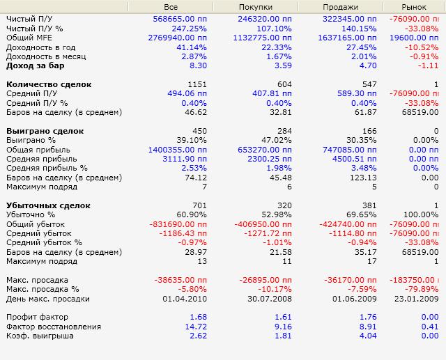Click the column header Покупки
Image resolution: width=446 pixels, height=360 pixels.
click(x=256, y=7)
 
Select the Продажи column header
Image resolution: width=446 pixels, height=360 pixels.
click(x=340, y=7)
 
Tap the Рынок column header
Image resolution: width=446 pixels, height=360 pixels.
click(x=414, y=7)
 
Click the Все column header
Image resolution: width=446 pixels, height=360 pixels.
click(x=171, y=7)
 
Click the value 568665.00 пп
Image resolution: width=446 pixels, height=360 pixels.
click(x=180, y=19)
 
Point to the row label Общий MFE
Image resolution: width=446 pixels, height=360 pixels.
click(x=29, y=38)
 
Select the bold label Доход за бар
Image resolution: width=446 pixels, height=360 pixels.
click(x=36, y=65)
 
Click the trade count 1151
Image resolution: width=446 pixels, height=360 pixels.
click(x=197, y=84)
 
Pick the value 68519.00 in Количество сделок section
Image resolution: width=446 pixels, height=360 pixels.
click(x=420, y=112)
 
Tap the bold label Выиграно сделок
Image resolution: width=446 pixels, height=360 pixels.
click(x=45, y=131)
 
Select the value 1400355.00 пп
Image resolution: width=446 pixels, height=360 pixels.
click(x=178, y=150)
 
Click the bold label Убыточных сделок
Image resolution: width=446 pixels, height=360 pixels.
click(x=48, y=205)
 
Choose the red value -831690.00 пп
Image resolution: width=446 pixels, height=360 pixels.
click(x=178, y=224)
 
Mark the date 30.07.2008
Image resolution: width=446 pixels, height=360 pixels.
click(x=270, y=299)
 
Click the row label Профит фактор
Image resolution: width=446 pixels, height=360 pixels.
click(x=37, y=317)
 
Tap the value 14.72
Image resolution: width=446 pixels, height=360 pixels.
click(x=196, y=327)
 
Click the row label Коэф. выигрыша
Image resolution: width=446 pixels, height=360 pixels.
click(x=40, y=336)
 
